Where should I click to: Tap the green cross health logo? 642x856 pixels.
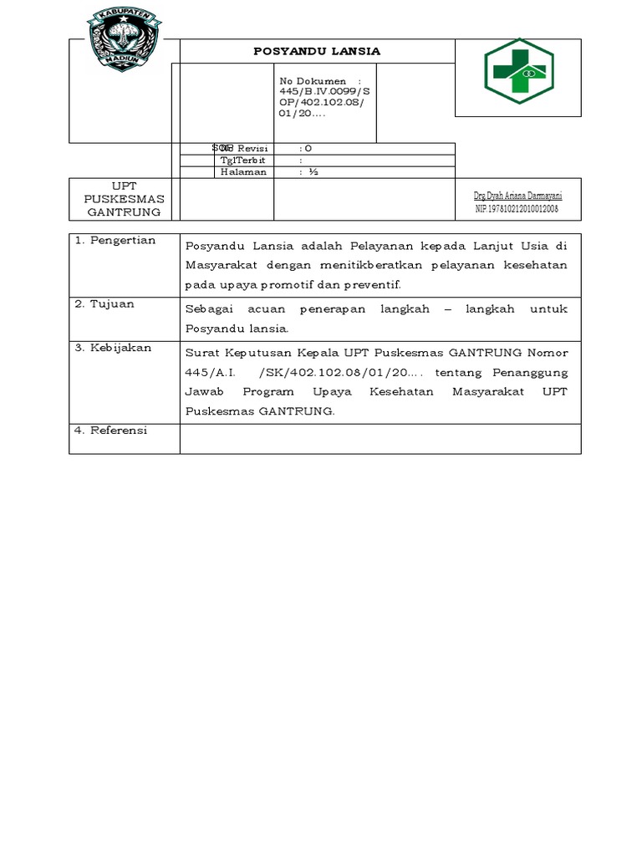tap(518, 71)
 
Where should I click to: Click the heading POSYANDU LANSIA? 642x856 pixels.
tap(317, 51)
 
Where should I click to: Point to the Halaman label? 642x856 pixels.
tap(243, 171)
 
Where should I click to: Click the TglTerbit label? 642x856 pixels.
tap(242, 160)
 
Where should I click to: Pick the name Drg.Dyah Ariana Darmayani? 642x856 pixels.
tap(517, 195)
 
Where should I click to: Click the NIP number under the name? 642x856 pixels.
tap(517, 208)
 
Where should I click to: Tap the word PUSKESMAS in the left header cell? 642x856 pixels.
tap(124, 199)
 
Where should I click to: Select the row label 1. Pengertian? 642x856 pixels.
tap(115, 241)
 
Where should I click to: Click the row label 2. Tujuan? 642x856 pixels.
tap(104, 303)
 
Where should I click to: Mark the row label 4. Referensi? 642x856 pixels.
tap(110, 430)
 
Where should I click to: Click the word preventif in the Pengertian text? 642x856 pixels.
tap(369, 284)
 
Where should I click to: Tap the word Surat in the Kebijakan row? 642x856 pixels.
tap(201, 351)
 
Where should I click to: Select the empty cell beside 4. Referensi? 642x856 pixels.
tap(380, 438)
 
